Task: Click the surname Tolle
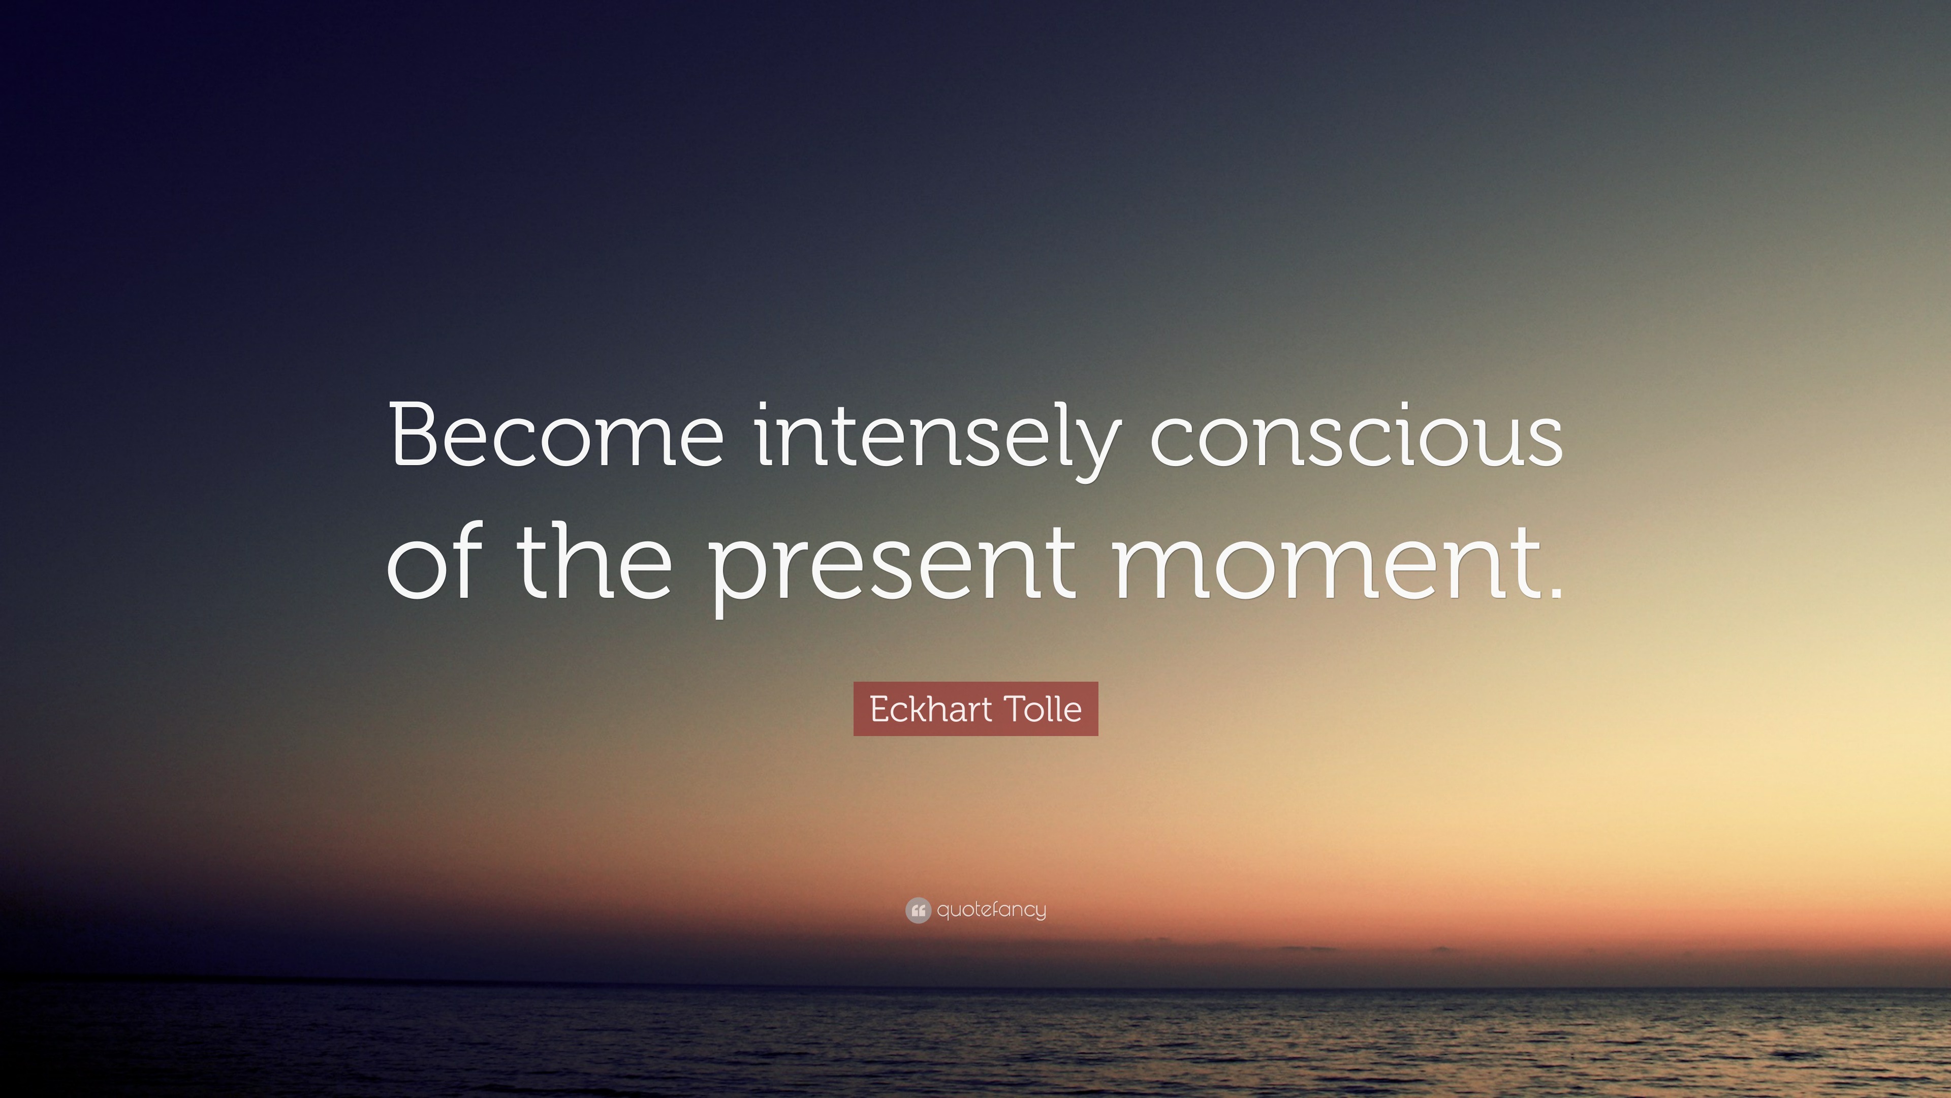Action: click(1044, 709)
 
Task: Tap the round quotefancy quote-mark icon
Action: click(918, 910)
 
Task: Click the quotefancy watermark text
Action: click(991, 910)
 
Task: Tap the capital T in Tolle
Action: click(1016, 709)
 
